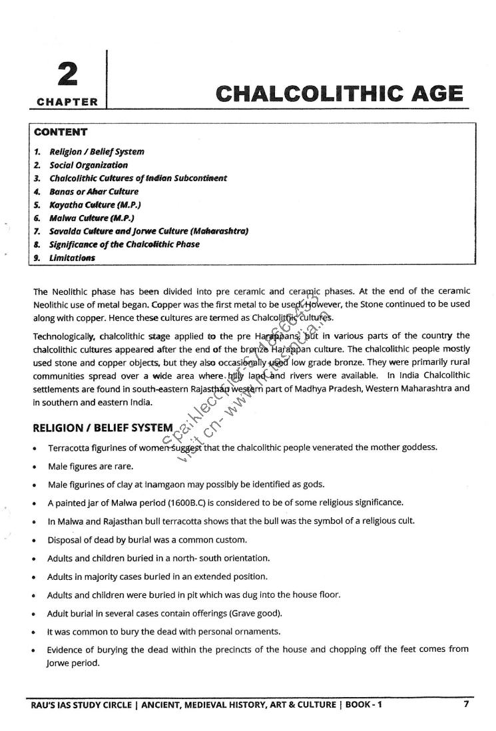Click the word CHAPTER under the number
[x=67, y=103]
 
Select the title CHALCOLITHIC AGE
[x=340, y=94]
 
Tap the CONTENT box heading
[x=61, y=132]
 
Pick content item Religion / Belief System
[x=97, y=152]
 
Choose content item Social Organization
[x=89, y=165]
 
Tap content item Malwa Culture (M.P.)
[x=92, y=218]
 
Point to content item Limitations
[x=72, y=258]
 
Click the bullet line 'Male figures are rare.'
[x=91, y=466]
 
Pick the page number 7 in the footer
[x=467, y=704]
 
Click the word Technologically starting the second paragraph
[x=65, y=336]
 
